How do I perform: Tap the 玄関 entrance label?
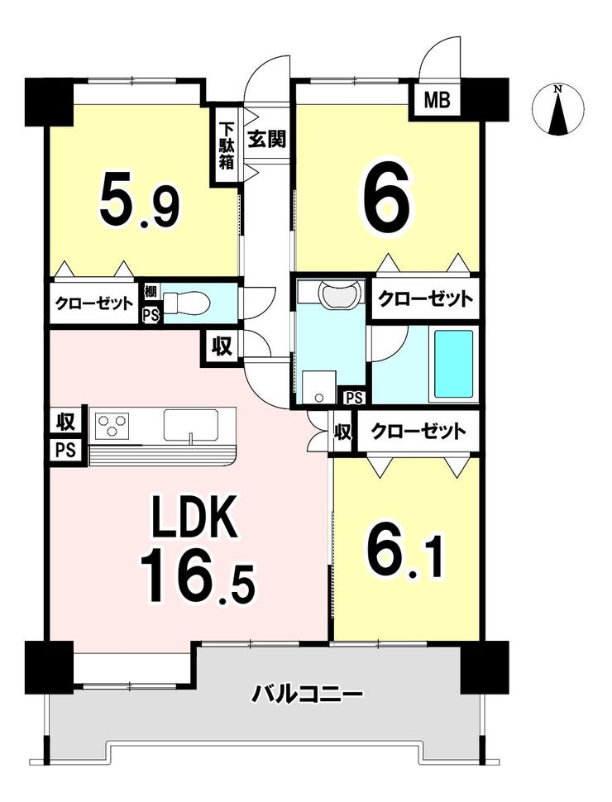266,138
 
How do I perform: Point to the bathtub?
453,364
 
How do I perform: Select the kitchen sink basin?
192,424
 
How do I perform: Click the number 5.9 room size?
139,198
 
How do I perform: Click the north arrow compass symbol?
558,109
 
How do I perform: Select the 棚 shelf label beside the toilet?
151,293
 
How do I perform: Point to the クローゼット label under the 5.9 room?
93,303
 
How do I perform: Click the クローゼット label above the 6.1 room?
418,432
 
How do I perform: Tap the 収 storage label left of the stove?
65,422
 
